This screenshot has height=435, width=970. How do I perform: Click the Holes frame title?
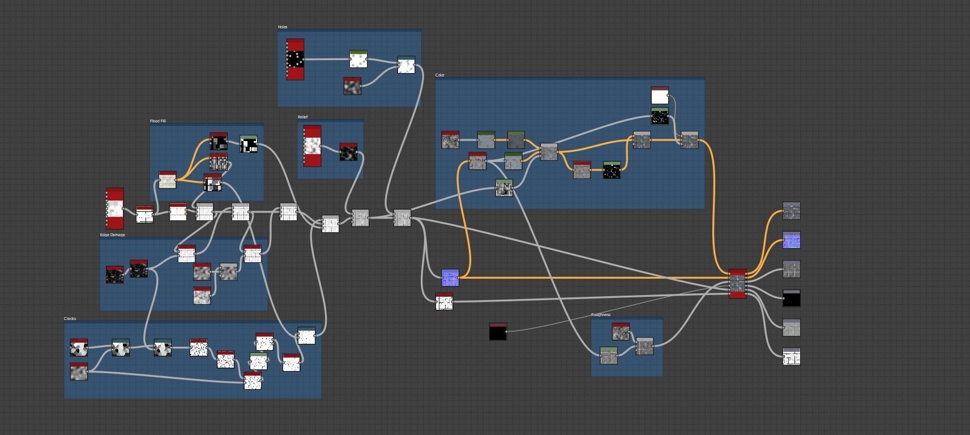283,27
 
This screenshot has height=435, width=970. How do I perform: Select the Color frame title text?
440,75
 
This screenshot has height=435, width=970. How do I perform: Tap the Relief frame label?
302,117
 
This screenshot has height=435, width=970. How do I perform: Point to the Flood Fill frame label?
157,121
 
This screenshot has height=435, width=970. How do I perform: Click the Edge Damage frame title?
112,235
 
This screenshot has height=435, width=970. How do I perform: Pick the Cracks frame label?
70,319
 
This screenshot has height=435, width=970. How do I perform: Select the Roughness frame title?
600,315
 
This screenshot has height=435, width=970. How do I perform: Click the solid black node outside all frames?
498,332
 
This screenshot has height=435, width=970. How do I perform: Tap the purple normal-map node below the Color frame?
450,278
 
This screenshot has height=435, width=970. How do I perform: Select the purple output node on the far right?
792,240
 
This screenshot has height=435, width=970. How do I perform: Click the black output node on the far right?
792,298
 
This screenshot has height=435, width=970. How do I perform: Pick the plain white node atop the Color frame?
660,95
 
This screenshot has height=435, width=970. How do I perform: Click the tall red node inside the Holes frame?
295,59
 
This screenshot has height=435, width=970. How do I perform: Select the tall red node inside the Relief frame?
313,146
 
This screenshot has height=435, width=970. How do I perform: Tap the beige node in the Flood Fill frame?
167,180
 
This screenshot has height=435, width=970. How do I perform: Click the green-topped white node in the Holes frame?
358,59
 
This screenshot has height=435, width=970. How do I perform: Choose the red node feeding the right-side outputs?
737,283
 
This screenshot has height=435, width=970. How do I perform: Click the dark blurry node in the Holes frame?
352,86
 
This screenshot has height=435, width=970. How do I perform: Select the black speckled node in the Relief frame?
348,152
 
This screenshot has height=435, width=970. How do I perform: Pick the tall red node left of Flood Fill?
115,208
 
